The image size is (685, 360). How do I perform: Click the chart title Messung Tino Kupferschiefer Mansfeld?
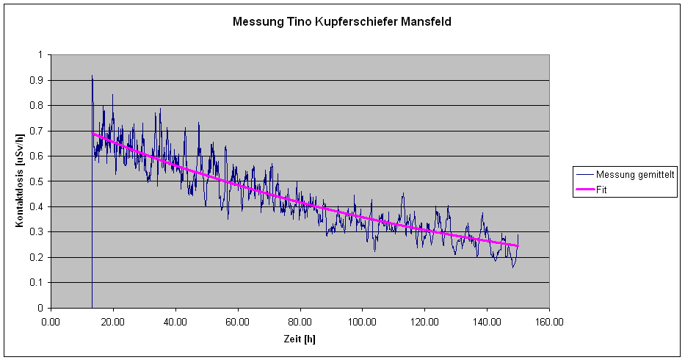[x=341, y=22]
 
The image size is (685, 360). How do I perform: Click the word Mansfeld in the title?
[x=426, y=22]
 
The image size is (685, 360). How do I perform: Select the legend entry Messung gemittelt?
[x=635, y=174]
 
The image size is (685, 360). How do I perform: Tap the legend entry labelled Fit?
[x=602, y=189]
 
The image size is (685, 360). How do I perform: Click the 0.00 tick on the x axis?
[x=51, y=321]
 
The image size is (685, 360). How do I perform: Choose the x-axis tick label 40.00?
[x=175, y=321]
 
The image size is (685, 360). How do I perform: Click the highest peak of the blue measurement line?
[x=92, y=76]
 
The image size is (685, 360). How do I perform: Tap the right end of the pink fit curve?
[x=518, y=245]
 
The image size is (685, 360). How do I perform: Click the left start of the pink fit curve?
[x=92, y=133]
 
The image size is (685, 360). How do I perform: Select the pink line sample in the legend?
[x=584, y=189]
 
